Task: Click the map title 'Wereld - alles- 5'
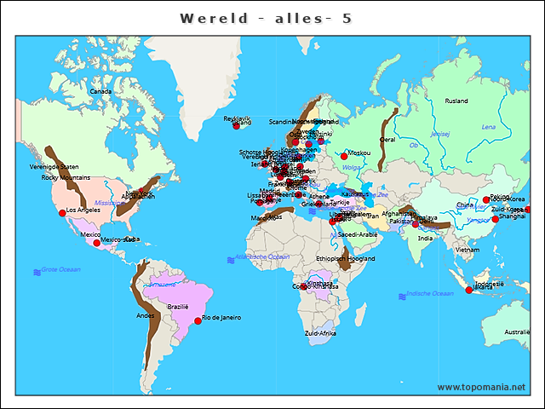click(266, 18)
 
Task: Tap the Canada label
click(101, 91)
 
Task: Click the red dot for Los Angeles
click(61, 212)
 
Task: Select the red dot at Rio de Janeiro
click(198, 320)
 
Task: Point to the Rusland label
click(456, 101)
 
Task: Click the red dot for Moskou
click(344, 156)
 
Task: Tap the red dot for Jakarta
click(468, 291)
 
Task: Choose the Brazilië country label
click(177, 306)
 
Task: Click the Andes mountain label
click(146, 315)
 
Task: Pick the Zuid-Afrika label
click(320, 333)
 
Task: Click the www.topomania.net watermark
click(481, 387)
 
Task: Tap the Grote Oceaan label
click(61, 269)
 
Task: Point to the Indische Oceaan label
click(430, 293)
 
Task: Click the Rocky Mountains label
click(66, 177)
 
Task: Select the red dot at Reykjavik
click(237, 126)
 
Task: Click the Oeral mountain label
click(387, 139)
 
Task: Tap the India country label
click(425, 238)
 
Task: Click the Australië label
click(517, 331)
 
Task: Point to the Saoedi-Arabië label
click(358, 234)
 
